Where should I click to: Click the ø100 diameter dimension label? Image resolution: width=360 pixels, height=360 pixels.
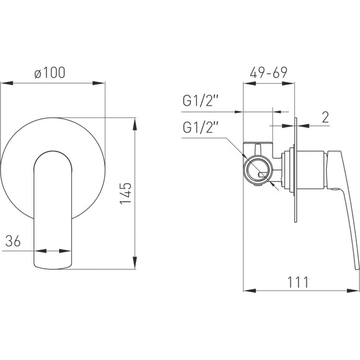(50, 73)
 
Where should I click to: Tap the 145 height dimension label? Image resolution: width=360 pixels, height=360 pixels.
(125, 193)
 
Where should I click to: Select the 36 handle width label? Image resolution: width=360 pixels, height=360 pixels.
(13, 241)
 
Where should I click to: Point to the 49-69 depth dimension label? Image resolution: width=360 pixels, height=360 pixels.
(268, 73)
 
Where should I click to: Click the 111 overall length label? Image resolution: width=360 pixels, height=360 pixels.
(298, 282)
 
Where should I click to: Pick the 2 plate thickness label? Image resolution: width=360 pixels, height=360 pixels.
(325, 117)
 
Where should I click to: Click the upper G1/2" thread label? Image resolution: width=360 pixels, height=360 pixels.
(200, 101)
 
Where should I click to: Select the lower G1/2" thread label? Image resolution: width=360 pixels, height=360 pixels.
(200, 127)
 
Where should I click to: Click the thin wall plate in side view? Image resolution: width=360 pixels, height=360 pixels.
(295, 170)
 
